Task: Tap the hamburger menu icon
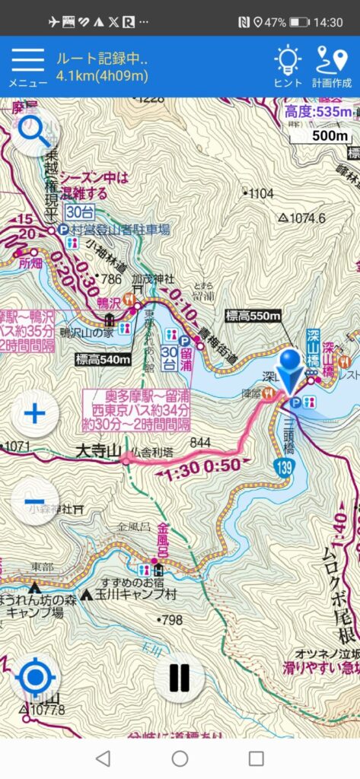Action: point(27,60)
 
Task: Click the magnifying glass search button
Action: point(34,132)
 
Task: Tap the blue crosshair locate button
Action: point(35,676)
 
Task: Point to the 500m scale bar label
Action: point(330,136)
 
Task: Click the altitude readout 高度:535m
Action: point(319,113)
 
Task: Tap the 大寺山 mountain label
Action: point(97,453)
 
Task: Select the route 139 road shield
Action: point(283,470)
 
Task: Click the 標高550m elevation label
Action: point(253,315)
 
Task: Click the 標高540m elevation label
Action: point(104,359)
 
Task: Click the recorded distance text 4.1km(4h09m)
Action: point(102,75)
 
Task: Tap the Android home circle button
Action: point(180,758)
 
